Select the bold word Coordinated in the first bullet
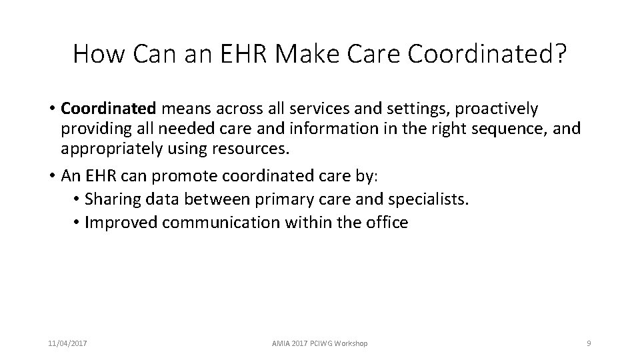pos(108,108)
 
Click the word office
pos(385,222)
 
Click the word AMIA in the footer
pos(281,343)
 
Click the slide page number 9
pos(588,343)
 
